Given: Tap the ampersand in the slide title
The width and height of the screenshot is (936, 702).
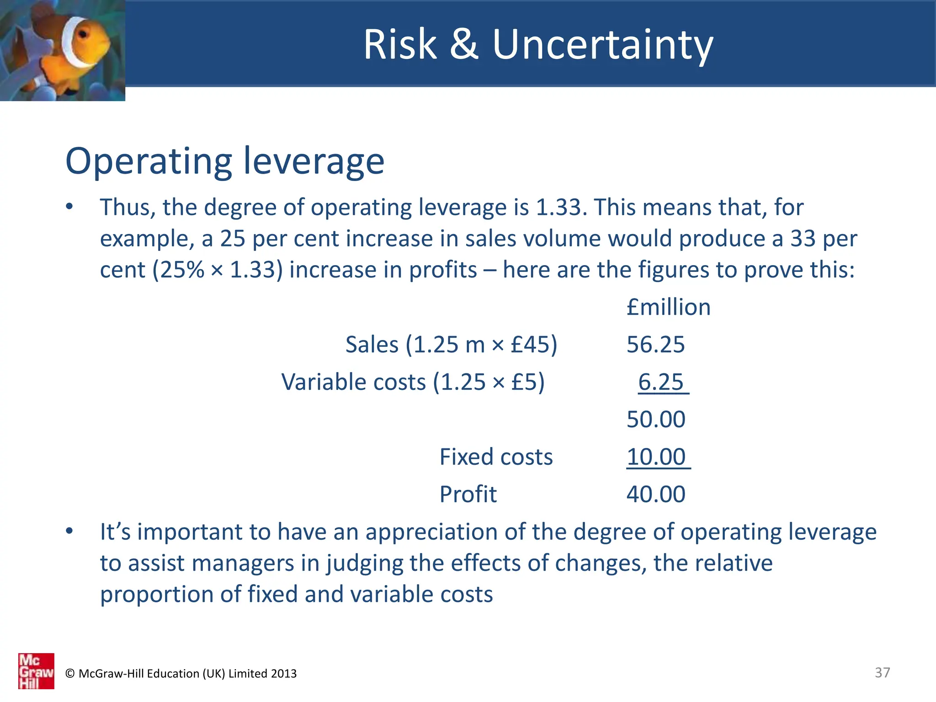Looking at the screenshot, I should pyautogui.click(x=464, y=44).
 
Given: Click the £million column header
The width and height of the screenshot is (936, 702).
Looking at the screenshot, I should pyautogui.click(x=668, y=307).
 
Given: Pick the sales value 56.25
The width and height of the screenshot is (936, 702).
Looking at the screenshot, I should pyautogui.click(x=655, y=345).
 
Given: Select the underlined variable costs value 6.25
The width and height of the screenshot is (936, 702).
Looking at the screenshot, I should pyautogui.click(x=661, y=382).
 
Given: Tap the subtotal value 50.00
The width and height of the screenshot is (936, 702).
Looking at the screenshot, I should pyautogui.click(x=656, y=420).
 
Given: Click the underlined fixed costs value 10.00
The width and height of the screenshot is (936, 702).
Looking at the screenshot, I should pyautogui.click(x=656, y=457).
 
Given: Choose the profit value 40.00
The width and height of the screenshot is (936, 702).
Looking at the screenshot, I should pyautogui.click(x=656, y=495).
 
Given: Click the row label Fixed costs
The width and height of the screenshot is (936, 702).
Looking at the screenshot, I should pyautogui.click(x=496, y=457).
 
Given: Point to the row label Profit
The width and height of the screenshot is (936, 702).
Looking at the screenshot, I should pyautogui.click(x=468, y=495).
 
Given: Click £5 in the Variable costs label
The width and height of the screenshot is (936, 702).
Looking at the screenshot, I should pyautogui.click(x=524, y=382).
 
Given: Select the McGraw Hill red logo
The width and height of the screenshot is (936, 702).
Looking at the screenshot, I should pyautogui.click(x=36, y=671).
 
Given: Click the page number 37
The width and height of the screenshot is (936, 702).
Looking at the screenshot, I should pyautogui.click(x=882, y=673).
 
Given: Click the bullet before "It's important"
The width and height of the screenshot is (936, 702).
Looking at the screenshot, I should pyautogui.click(x=69, y=531).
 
